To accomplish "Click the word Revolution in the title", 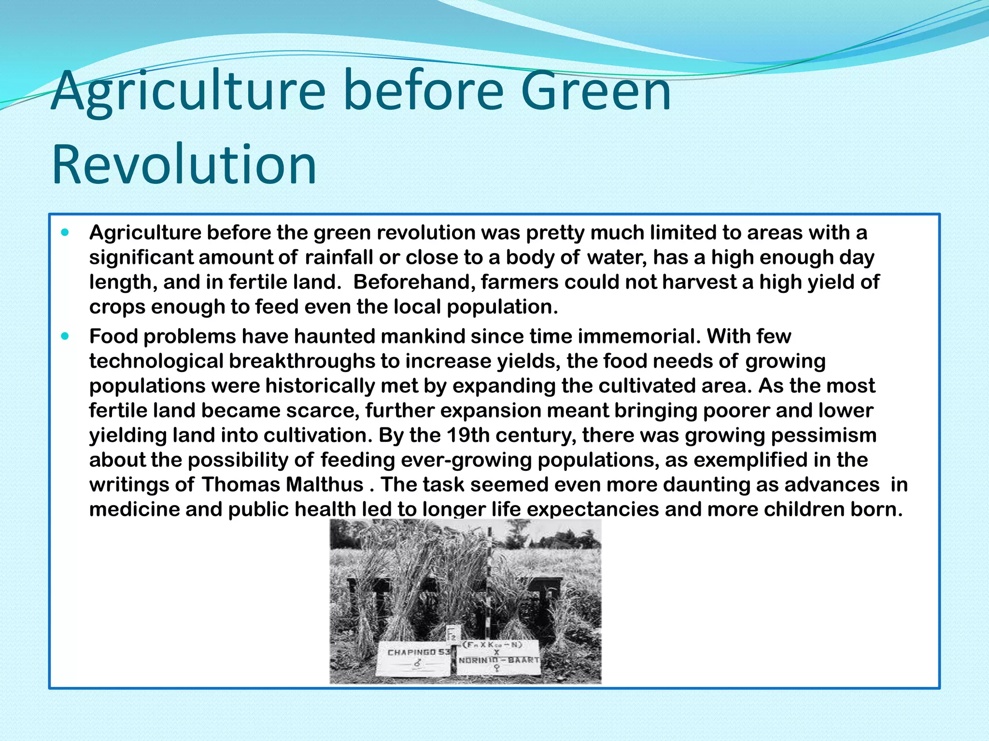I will [184, 165].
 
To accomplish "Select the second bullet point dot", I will [66, 336].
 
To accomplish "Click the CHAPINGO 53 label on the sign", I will [418, 652].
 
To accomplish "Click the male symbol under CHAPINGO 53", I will [417, 664].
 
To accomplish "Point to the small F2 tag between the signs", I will [452, 633].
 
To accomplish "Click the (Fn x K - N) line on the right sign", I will [493, 645].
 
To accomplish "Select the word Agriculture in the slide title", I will [189, 91].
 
